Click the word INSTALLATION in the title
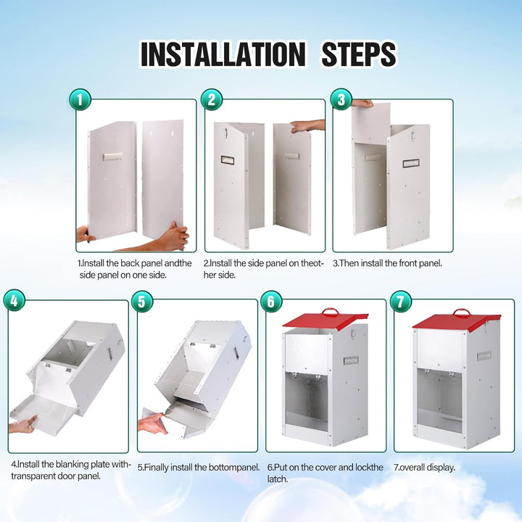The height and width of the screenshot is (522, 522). [x=223, y=54]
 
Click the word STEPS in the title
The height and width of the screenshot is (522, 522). [x=359, y=54]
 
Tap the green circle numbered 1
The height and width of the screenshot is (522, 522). [x=80, y=99]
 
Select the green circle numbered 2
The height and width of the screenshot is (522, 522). [x=212, y=99]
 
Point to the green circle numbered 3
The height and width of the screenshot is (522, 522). [x=341, y=99]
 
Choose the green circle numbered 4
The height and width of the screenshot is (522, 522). [x=14, y=300]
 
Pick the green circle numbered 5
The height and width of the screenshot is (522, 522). [x=142, y=302]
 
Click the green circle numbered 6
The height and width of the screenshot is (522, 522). [x=271, y=302]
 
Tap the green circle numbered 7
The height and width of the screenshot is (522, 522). [x=400, y=302]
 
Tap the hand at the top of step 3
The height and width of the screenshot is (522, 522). [x=363, y=103]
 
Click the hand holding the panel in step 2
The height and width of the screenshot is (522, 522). [x=307, y=126]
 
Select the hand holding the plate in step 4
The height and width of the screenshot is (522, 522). [x=22, y=424]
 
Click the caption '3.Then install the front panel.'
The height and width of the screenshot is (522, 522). [x=387, y=263]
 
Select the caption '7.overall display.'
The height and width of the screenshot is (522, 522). [x=424, y=468]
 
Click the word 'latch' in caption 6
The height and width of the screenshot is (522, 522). [x=277, y=479]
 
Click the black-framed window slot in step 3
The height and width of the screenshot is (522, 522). [x=411, y=163]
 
